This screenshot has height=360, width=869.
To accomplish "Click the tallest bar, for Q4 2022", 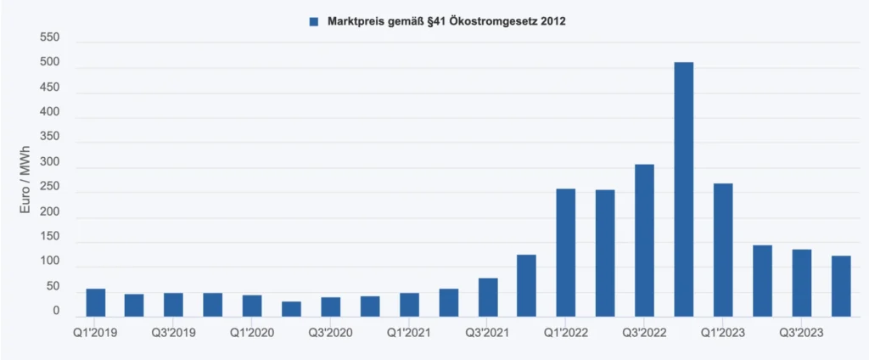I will coord(684,189).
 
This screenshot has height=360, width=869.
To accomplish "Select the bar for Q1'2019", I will coord(96,303).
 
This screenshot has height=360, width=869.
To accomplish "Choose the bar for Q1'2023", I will coord(723,250).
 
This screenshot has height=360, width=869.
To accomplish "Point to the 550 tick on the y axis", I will coord(49,38).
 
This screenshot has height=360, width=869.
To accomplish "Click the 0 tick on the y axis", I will coord(56,312).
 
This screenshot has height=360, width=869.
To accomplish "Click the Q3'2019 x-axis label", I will coord(174,332).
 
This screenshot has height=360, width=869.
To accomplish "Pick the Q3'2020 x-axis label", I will coord(331,332).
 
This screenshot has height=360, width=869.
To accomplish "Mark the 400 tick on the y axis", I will coord(49,113).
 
